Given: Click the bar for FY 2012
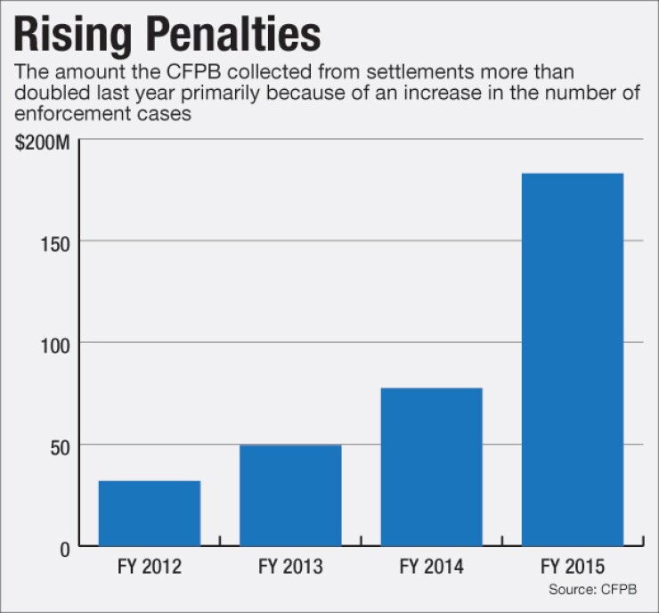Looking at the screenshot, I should pyautogui.click(x=150, y=513).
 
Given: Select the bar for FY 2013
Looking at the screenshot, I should pyautogui.click(x=290, y=495).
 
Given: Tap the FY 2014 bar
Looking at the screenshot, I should pyautogui.click(x=431, y=467).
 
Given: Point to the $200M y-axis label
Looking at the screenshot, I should pyautogui.click(x=41, y=142).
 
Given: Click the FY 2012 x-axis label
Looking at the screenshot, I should pyautogui.click(x=150, y=567).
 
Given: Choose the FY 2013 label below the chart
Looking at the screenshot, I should pyautogui.click(x=290, y=567).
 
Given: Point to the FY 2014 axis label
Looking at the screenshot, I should pyautogui.click(x=431, y=567).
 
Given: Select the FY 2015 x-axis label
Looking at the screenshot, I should pyautogui.click(x=572, y=567).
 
